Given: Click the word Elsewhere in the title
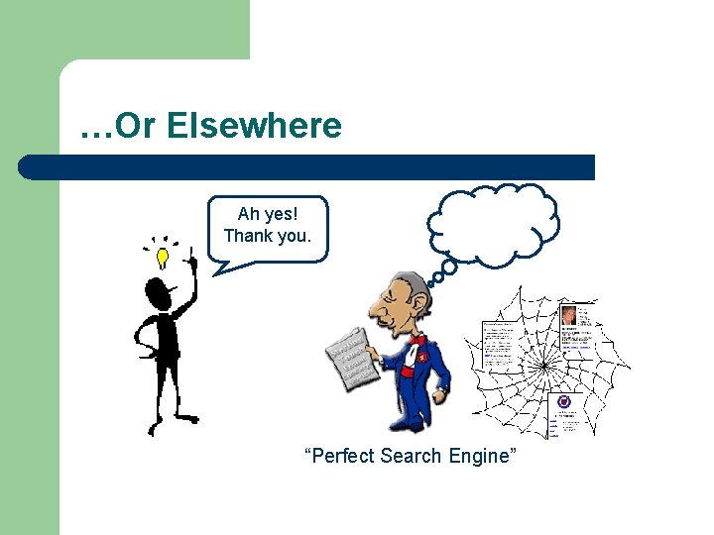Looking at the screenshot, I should (x=255, y=126).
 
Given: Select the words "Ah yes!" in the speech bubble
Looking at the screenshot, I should (x=268, y=214).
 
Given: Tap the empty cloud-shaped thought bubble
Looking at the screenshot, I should (x=493, y=223).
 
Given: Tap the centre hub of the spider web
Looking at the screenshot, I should (x=543, y=366).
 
